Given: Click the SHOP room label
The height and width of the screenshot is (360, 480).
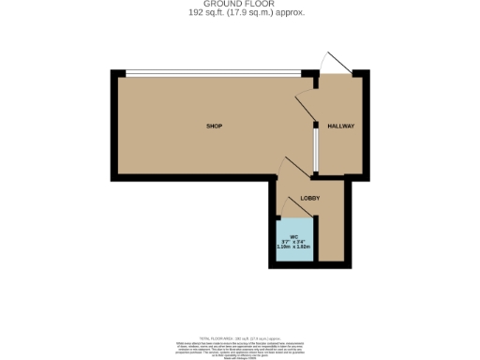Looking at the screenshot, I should [214, 126].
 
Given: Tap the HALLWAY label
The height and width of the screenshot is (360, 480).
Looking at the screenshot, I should [339, 126].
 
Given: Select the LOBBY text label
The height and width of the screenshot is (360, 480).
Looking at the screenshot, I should [310, 199].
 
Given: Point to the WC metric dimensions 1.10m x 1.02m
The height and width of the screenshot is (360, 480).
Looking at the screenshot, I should [294, 246].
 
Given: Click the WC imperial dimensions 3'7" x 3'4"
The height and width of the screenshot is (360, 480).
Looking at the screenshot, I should [294, 241].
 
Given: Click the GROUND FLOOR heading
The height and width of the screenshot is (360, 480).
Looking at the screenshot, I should [240, 5].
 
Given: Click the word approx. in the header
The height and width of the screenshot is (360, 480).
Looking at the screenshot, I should [290, 13].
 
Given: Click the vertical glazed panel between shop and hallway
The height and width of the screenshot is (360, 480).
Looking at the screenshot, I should [316, 150].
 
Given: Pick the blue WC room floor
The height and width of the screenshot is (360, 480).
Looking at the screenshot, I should [294, 251].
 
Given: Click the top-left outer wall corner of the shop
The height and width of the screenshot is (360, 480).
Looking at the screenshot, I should [113, 73].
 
